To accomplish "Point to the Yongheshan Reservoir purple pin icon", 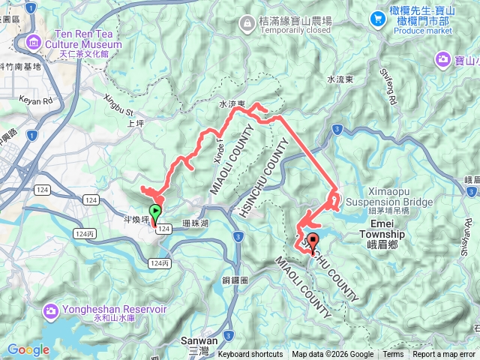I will point(51,310).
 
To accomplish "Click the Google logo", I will point(28,349).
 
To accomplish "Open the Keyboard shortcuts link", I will point(250,355).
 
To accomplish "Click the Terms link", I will point(393,355).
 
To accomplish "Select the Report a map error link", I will point(445,355).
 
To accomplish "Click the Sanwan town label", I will point(199,340).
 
